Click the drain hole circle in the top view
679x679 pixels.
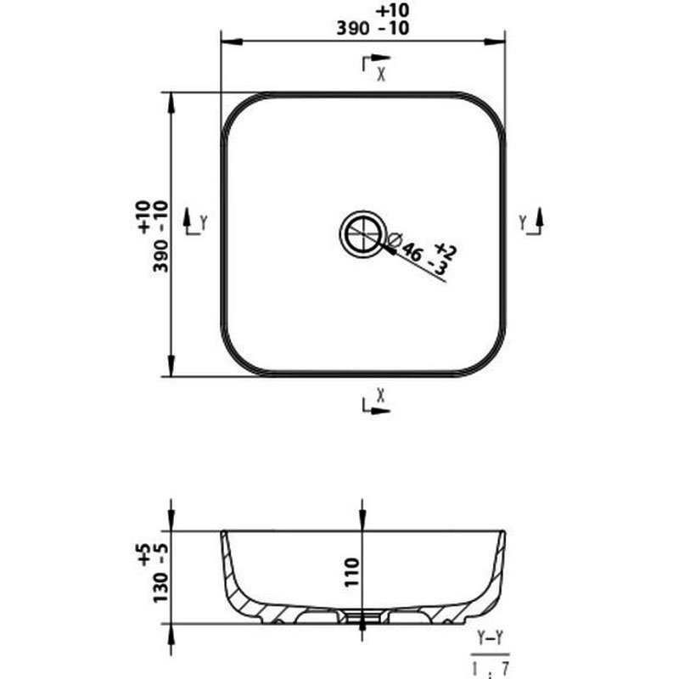tap(362, 234)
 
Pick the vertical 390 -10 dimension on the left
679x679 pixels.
tap(160, 239)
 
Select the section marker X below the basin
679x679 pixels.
tap(381, 394)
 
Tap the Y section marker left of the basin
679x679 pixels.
tap(203, 223)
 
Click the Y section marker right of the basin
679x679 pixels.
tap(524, 223)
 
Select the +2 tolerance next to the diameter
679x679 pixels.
tap(446, 250)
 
